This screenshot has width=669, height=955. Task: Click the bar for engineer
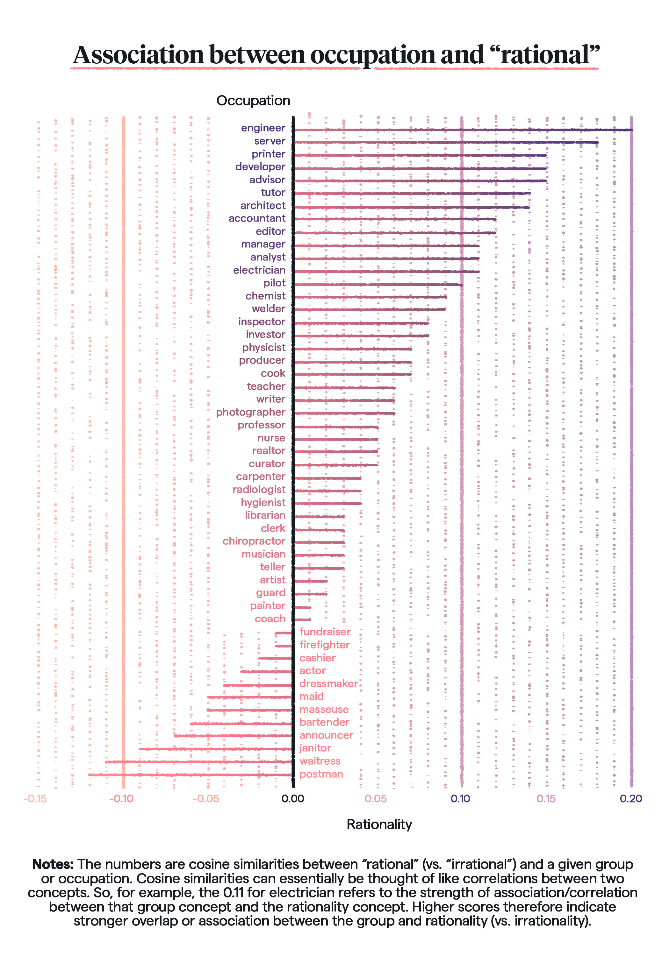[x=462, y=130]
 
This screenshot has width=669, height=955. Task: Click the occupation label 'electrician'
[x=259, y=270]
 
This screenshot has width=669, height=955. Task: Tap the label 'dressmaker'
[x=328, y=684]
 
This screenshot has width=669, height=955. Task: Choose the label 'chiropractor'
[x=254, y=541]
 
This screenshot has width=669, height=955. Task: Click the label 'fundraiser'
[x=325, y=632]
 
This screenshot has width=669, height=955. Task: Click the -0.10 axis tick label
[x=121, y=799]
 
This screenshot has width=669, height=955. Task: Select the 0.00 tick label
[x=293, y=799]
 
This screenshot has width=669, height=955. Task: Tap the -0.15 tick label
[x=35, y=799]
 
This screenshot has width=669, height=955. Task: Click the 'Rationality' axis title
[x=379, y=824]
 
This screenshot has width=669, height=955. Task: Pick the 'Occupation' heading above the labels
[x=253, y=101]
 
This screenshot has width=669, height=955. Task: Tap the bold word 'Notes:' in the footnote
[x=53, y=864]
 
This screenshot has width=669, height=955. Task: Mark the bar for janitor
[x=216, y=749]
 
